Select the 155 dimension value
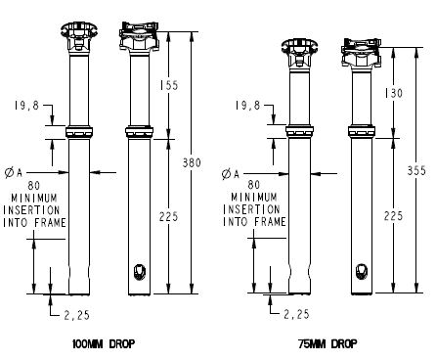coord(172,86)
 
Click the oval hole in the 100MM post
coord(140,271)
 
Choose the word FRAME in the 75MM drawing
coord(271,222)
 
